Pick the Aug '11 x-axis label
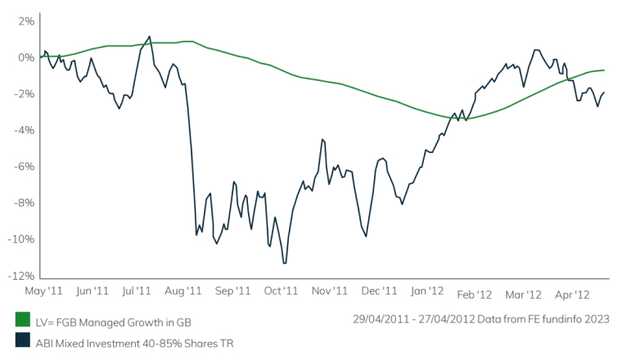[183, 290]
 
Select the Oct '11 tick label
[282, 290]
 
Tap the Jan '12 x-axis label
[427, 290]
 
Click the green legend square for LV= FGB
[23, 322]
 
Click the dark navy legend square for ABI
[23, 343]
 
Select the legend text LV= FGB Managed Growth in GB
[115, 322]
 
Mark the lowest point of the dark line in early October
[284, 263]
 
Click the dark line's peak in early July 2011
[149, 36]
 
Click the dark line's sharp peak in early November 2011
[322, 139]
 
